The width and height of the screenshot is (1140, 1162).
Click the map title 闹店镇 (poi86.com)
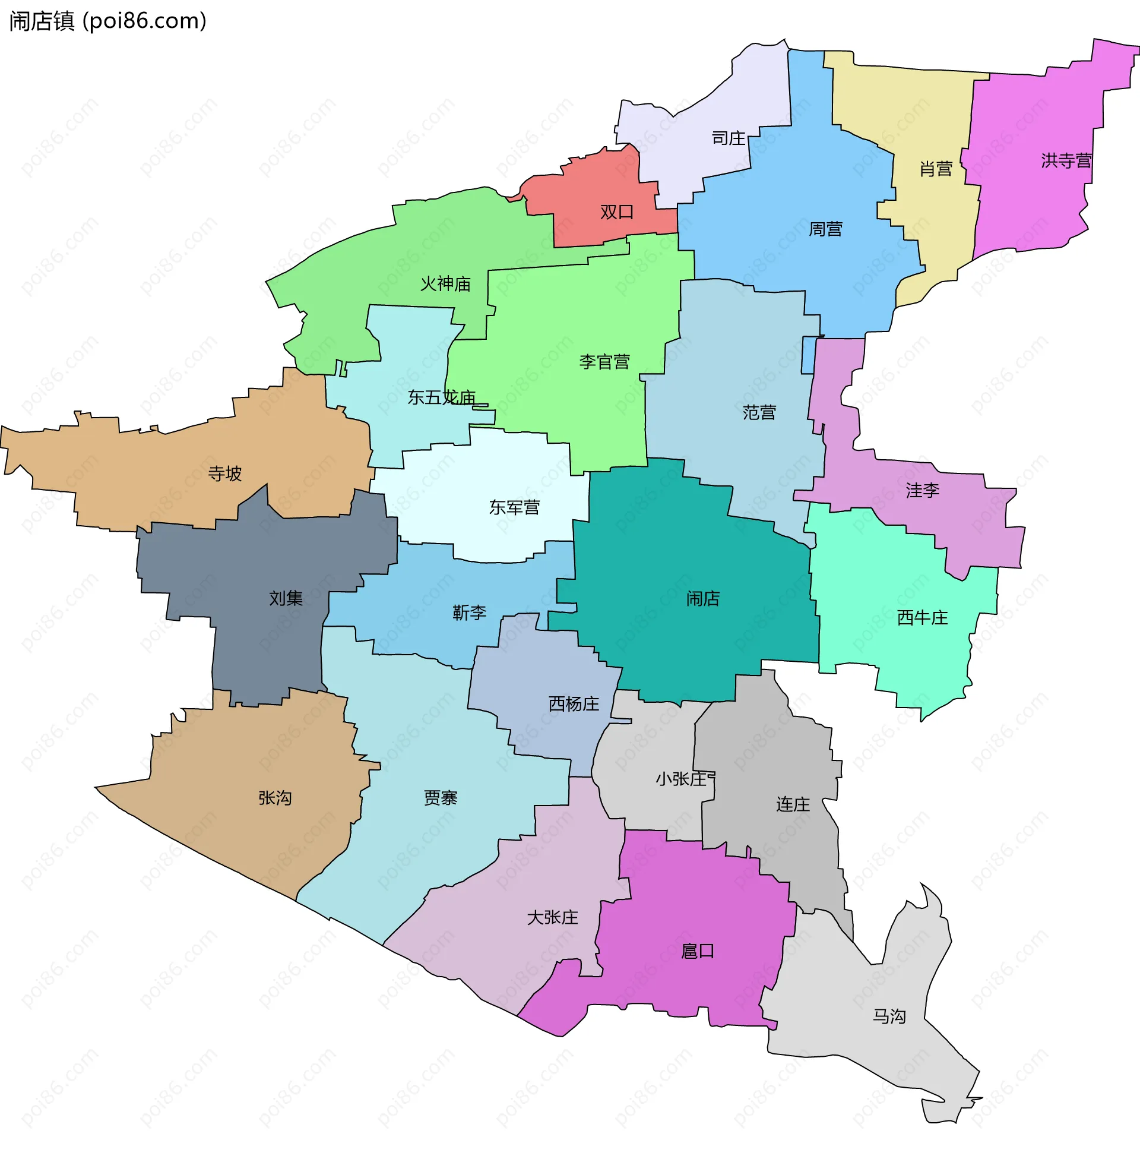point(108,21)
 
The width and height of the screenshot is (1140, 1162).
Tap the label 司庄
point(728,138)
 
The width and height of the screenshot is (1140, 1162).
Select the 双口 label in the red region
point(617,212)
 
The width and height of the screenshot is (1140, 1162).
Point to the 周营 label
point(825,229)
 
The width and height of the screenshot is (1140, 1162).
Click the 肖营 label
point(935,169)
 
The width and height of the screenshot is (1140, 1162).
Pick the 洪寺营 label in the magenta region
point(1066,160)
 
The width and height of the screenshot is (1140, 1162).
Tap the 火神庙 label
point(445,283)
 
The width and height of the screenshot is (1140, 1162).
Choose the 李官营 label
point(604,362)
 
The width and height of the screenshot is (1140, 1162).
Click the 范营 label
point(759,412)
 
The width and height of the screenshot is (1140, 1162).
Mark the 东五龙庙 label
point(441,397)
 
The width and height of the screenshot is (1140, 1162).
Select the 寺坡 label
point(224,474)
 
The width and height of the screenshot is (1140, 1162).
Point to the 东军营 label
point(514,507)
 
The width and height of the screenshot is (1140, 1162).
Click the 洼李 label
point(922,491)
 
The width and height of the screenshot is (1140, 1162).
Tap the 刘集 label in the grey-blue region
point(286,598)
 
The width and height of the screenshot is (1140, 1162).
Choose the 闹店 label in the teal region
point(702,598)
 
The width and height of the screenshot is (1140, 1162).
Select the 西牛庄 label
point(922,618)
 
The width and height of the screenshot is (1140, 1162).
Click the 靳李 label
point(469,612)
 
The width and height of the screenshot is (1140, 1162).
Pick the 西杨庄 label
point(574,704)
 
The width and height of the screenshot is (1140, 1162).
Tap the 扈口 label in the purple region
point(698,951)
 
